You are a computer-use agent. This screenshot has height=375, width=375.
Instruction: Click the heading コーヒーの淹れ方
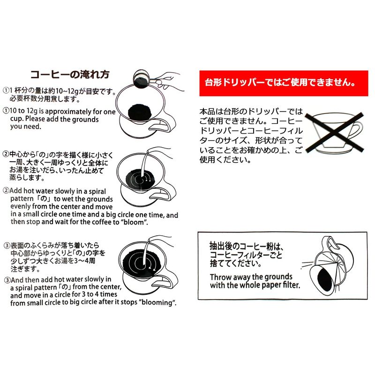click(x=70, y=75)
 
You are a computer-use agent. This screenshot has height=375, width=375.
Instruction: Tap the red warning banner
click(x=284, y=83)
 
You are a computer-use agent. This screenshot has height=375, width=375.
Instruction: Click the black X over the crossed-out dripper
click(x=334, y=132)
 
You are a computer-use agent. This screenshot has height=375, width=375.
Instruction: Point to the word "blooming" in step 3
click(x=156, y=302)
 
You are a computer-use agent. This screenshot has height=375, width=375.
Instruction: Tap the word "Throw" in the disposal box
click(x=220, y=277)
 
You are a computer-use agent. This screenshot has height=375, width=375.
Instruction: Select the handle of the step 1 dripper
click(x=165, y=122)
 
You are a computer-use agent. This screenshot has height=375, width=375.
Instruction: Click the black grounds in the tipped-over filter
click(x=325, y=279)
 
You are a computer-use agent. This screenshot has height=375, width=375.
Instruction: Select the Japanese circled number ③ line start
click(x=7, y=246)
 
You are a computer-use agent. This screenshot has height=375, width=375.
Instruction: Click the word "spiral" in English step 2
click(x=97, y=192)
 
